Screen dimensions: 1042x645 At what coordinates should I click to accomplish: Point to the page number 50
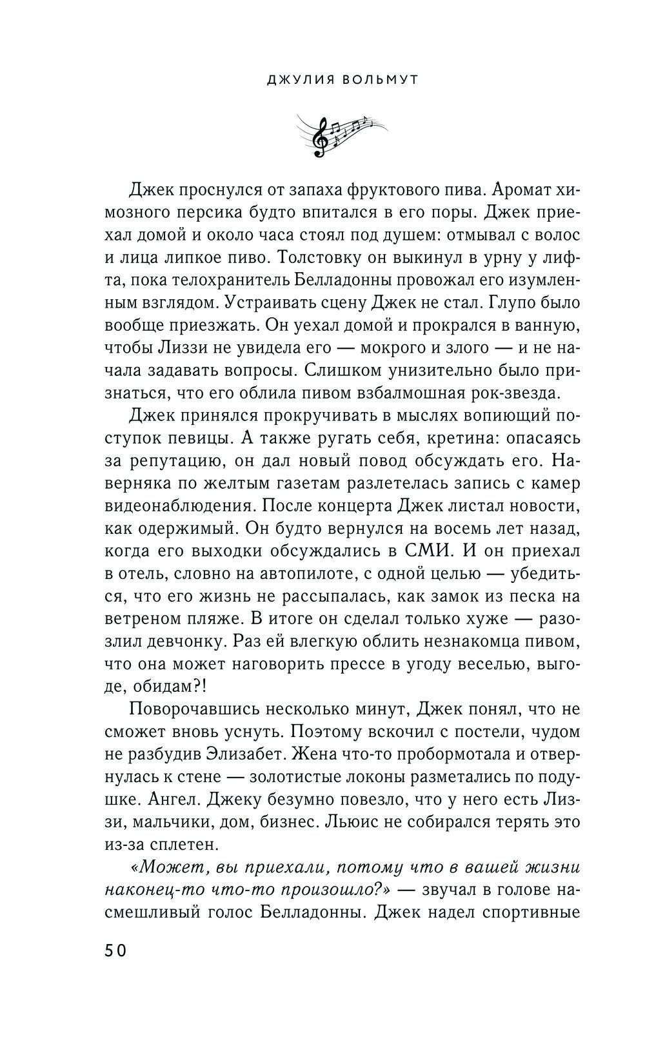pyautogui.click(x=114, y=950)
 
